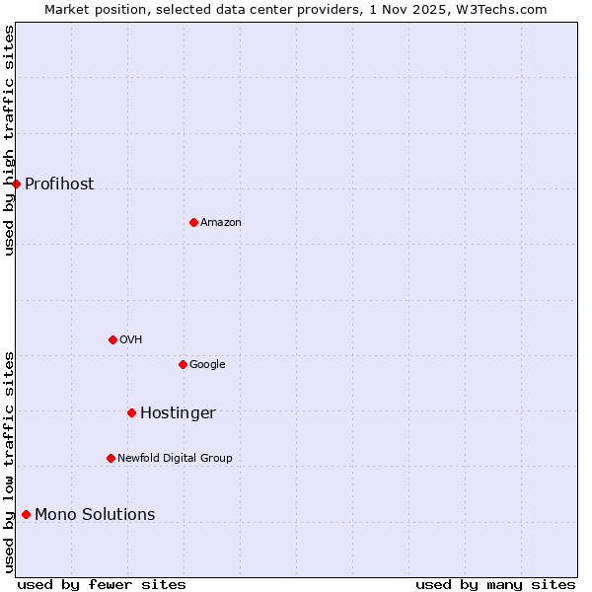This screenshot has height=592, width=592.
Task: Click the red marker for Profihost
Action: [16, 184]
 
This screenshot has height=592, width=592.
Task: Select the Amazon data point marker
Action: [193, 222]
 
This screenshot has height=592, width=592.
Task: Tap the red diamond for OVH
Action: [112, 339]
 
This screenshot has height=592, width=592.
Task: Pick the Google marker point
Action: [183, 364]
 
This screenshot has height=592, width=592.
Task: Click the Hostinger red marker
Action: [131, 412]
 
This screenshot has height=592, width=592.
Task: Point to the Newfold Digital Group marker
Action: [111, 458]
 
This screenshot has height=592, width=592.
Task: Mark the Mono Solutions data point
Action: [26, 514]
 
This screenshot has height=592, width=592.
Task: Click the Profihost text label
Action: [59, 184]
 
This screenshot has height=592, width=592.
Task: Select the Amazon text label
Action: [221, 222]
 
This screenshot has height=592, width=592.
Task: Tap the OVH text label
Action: [131, 339]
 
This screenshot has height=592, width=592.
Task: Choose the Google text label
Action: [207, 364]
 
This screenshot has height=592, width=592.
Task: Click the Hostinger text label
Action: [178, 412]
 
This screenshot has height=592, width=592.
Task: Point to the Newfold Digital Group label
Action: [175, 458]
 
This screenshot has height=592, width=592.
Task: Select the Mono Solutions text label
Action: [95, 514]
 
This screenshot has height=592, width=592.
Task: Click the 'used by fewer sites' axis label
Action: [102, 584]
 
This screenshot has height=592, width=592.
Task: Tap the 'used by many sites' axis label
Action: [495, 584]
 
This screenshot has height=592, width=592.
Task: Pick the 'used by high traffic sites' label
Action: [9, 140]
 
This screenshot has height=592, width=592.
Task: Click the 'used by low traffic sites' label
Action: [9, 462]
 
